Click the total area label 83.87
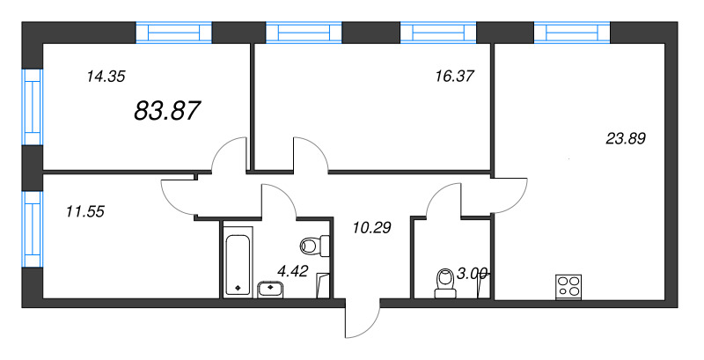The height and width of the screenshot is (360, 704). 167,110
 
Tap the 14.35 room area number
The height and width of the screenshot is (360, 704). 105,77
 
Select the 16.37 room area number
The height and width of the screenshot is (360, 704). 455,76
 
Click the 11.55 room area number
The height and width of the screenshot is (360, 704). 85,210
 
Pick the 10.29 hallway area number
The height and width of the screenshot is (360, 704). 370,226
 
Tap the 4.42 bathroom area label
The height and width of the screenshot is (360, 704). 291,271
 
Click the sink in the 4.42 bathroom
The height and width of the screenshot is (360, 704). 269,287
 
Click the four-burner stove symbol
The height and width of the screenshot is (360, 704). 568,286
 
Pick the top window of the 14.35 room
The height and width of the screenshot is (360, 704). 173,33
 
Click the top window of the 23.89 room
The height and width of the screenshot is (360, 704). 572,33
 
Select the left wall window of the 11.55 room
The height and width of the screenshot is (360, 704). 32,228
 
